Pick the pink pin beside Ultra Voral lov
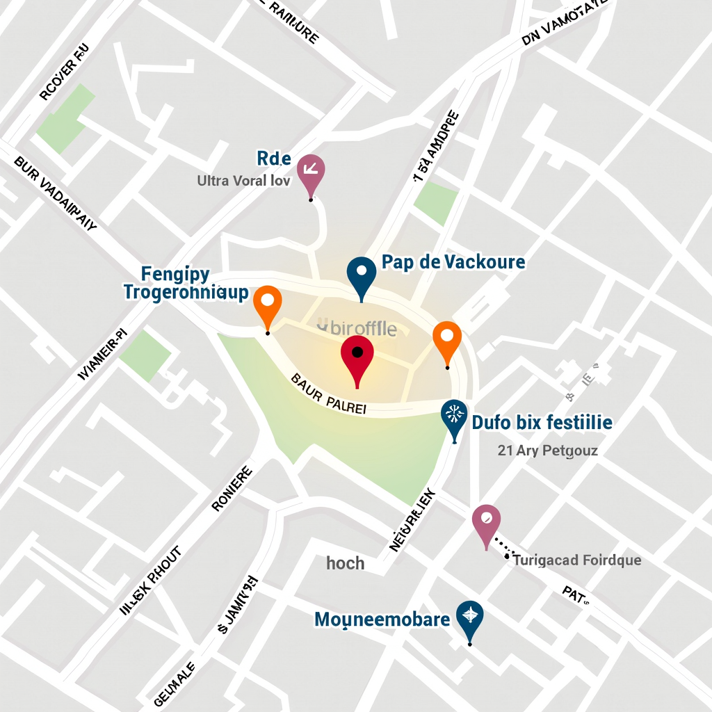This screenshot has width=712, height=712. (x=311, y=171)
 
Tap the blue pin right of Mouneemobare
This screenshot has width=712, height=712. (x=470, y=617)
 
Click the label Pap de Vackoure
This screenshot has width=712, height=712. (x=453, y=262)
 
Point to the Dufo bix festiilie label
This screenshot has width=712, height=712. (x=542, y=422)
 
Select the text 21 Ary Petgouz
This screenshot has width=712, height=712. (x=547, y=451)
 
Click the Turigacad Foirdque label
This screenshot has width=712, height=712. (x=577, y=560)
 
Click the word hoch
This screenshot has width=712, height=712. (x=346, y=563)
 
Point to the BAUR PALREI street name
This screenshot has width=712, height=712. (x=328, y=394)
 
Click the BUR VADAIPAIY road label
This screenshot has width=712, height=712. (x=56, y=193)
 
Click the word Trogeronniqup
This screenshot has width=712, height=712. (x=186, y=292)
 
